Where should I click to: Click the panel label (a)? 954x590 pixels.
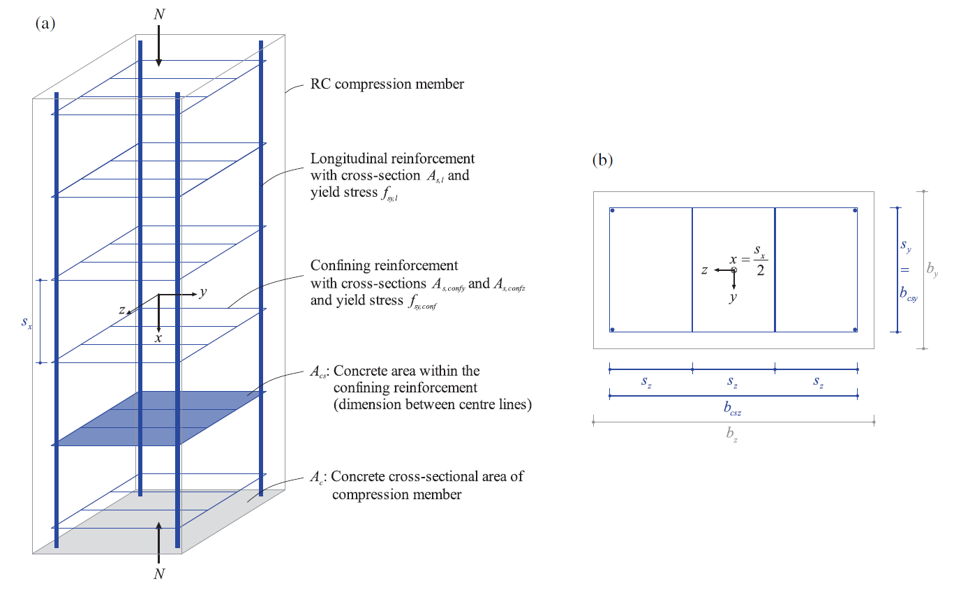point(45,24)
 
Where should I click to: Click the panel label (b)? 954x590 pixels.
point(603,161)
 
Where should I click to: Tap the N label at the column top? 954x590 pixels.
point(159,13)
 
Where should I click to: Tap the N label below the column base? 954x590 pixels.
point(159,574)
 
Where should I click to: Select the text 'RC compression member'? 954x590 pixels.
point(387,84)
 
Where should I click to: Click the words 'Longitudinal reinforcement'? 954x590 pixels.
point(392,158)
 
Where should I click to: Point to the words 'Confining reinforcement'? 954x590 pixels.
point(384,265)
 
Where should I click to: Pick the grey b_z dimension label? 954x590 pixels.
point(731,435)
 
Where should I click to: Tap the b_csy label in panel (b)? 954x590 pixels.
point(909,295)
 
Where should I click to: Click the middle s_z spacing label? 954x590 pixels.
point(733,381)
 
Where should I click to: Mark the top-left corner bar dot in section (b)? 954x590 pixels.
point(612,210)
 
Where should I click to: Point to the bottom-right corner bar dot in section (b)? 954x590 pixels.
point(855,330)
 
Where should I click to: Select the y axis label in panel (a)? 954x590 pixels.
point(202,293)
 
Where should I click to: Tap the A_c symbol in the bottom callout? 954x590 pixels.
point(316,478)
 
